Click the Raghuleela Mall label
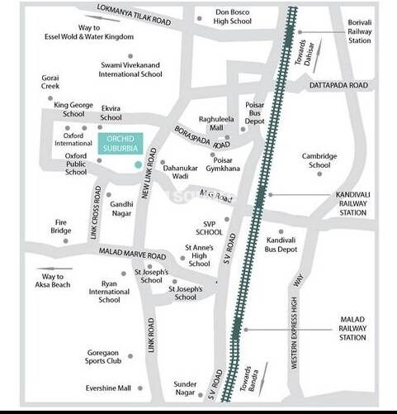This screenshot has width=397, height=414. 218,124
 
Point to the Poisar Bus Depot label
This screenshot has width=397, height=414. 255,112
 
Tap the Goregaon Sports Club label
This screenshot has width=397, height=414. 104,356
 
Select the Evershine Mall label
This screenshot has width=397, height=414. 108,388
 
